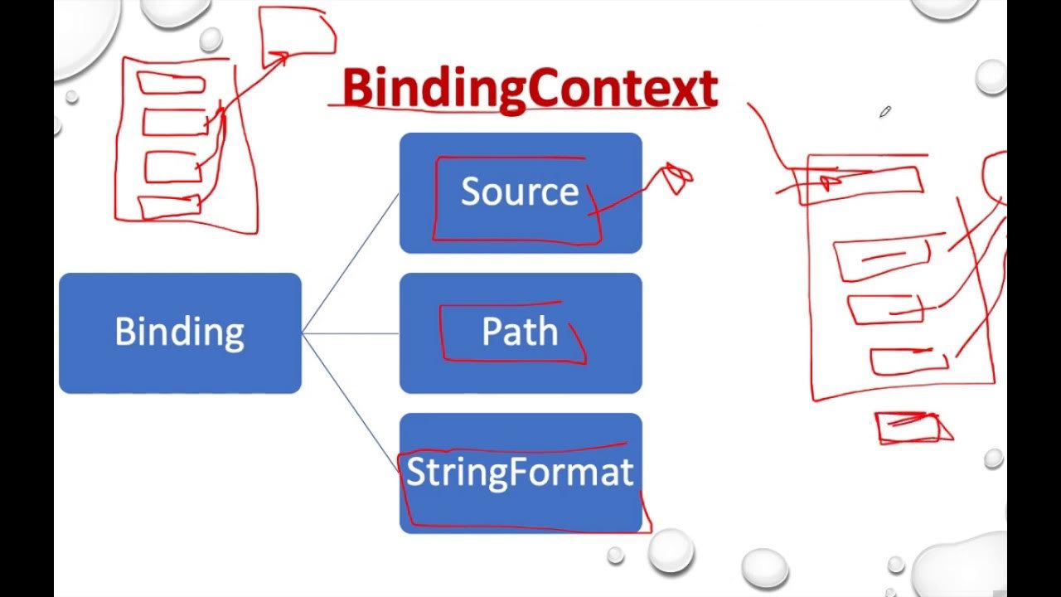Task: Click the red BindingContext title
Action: click(529, 88)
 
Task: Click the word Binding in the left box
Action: click(179, 332)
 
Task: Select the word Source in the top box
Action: click(520, 192)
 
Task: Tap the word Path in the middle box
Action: click(520, 332)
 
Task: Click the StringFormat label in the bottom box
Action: click(520, 472)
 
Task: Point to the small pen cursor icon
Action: click(884, 111)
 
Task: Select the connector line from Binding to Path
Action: click(350, 333)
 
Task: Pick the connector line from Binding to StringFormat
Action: click(350, 403)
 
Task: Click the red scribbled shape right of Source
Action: click(676, 178)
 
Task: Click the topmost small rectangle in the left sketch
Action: click(171, 83)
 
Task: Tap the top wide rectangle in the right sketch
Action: click(858, 184)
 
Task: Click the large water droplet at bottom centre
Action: click(670, 550)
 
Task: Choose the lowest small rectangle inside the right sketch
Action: click(908, 362)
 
